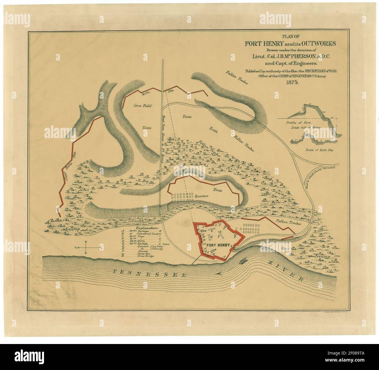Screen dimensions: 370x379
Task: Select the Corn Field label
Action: [143, 106]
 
